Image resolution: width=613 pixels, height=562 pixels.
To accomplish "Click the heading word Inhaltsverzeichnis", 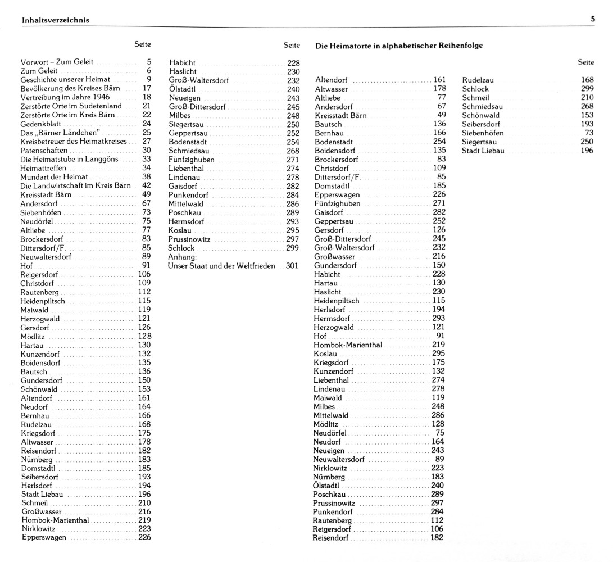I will coord(55,20).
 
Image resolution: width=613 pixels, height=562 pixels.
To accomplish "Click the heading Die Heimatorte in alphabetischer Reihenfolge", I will coord(399,45).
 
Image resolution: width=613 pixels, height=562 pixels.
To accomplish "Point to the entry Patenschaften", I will coord(44,151).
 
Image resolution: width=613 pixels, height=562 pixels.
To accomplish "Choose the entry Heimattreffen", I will coord(43,168).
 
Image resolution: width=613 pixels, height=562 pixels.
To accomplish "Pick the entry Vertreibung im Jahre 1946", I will coord(65,97).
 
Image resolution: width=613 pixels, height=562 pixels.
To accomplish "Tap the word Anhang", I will coord(181,256).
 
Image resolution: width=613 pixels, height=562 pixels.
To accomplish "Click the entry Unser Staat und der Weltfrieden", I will coord(222,265).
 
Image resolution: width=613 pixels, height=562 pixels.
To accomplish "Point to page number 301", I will coord(292,265).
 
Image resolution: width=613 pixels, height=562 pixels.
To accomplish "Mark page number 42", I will coord(147,185).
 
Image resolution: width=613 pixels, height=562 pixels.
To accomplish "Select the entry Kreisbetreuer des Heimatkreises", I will coord(73,142).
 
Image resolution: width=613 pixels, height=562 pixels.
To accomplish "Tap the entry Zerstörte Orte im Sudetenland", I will coord(71,106).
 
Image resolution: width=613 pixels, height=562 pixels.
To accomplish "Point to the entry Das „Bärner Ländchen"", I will coord(60,133).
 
